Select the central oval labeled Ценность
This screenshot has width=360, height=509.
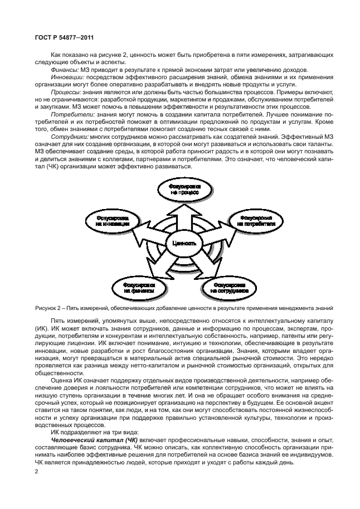184,244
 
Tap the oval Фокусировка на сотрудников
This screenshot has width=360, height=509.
229,288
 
